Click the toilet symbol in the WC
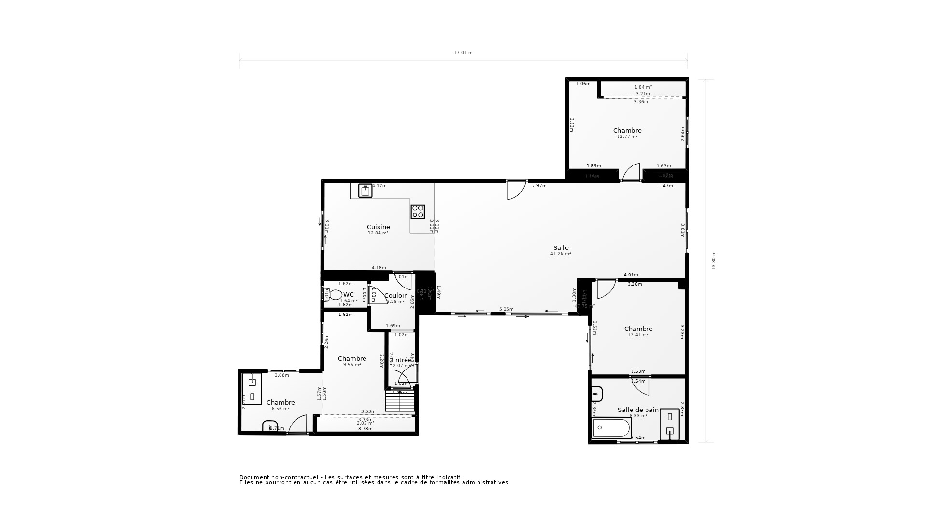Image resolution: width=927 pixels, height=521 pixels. coord(334,295)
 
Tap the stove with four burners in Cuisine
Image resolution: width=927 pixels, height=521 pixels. coord(418,211)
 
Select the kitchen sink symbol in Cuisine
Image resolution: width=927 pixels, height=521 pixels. coord(365,191)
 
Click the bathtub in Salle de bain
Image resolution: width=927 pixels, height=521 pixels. coord(612,427)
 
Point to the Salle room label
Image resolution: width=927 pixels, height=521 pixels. coord(561,247)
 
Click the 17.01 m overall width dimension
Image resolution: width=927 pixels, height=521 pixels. coord(463,53)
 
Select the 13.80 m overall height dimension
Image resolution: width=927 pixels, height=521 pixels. coord(714,260)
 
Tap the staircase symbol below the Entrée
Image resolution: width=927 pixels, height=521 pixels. coord(400,401)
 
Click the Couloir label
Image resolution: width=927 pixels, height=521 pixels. coord(395,295)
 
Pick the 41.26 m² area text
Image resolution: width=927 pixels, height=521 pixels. coord(561,254)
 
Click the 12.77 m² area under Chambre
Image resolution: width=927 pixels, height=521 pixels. coord(627,137)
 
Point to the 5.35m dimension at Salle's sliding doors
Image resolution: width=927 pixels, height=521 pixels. coord(506,309)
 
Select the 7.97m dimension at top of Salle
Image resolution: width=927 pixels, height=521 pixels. coord(539,186)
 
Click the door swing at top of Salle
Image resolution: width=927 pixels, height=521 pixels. coord(516,190)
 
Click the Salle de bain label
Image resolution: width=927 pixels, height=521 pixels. coord(638,410)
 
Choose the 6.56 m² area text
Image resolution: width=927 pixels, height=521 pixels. coord(281,409)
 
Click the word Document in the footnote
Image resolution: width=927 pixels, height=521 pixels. coord(254,477)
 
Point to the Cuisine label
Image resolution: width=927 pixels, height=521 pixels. coord(378,227)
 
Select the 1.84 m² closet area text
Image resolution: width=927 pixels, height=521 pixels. coord(643,87)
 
